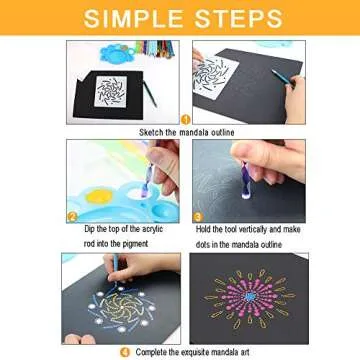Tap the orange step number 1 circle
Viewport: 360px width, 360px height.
coord(184,119)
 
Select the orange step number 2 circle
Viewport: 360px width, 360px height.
coord(71,215)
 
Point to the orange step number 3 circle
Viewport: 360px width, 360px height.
coord(197,215)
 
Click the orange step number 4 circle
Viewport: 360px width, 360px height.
coord(125,351)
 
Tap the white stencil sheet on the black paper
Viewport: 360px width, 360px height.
coord(109,89)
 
